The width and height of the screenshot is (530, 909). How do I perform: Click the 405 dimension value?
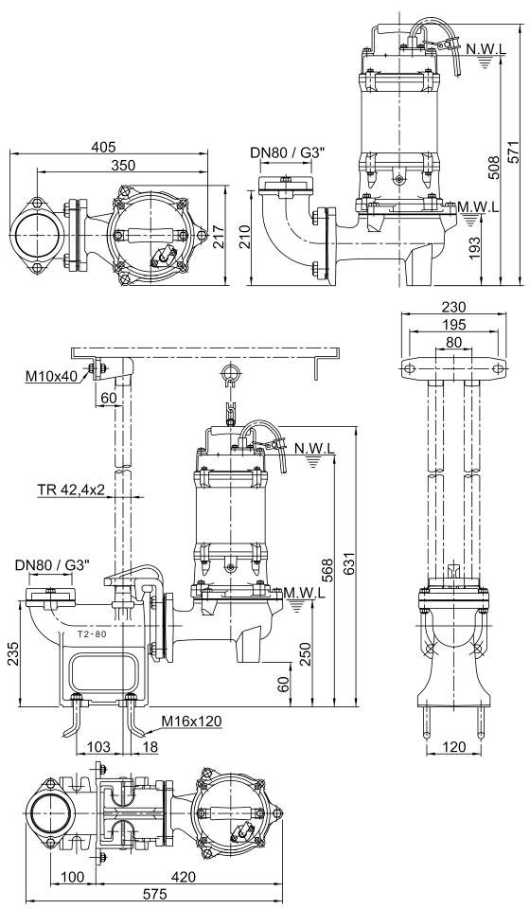(x=103, y=146)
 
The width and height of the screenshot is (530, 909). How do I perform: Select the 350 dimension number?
(x=123, y=165)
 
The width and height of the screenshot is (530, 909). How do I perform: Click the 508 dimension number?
(x=493, y=169)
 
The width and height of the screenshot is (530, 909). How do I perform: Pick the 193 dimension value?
(x=474, y=248)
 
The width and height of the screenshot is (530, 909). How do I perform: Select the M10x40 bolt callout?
(x=50, y=377)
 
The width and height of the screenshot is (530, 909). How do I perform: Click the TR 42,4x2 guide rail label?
(x=71, y=490)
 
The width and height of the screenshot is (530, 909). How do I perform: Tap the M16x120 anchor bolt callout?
(x=191, y=722)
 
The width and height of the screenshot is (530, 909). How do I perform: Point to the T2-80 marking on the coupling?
(x=92, y=633)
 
